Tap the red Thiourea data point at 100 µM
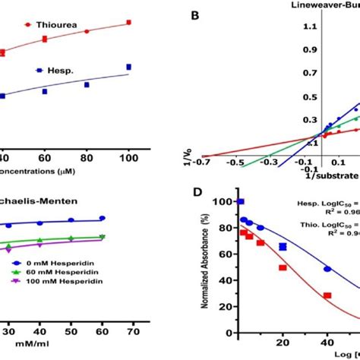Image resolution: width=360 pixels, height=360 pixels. [128, 24]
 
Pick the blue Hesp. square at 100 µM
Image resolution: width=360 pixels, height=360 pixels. [128, 68]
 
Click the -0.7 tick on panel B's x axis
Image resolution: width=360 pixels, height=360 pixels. [201, 162]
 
